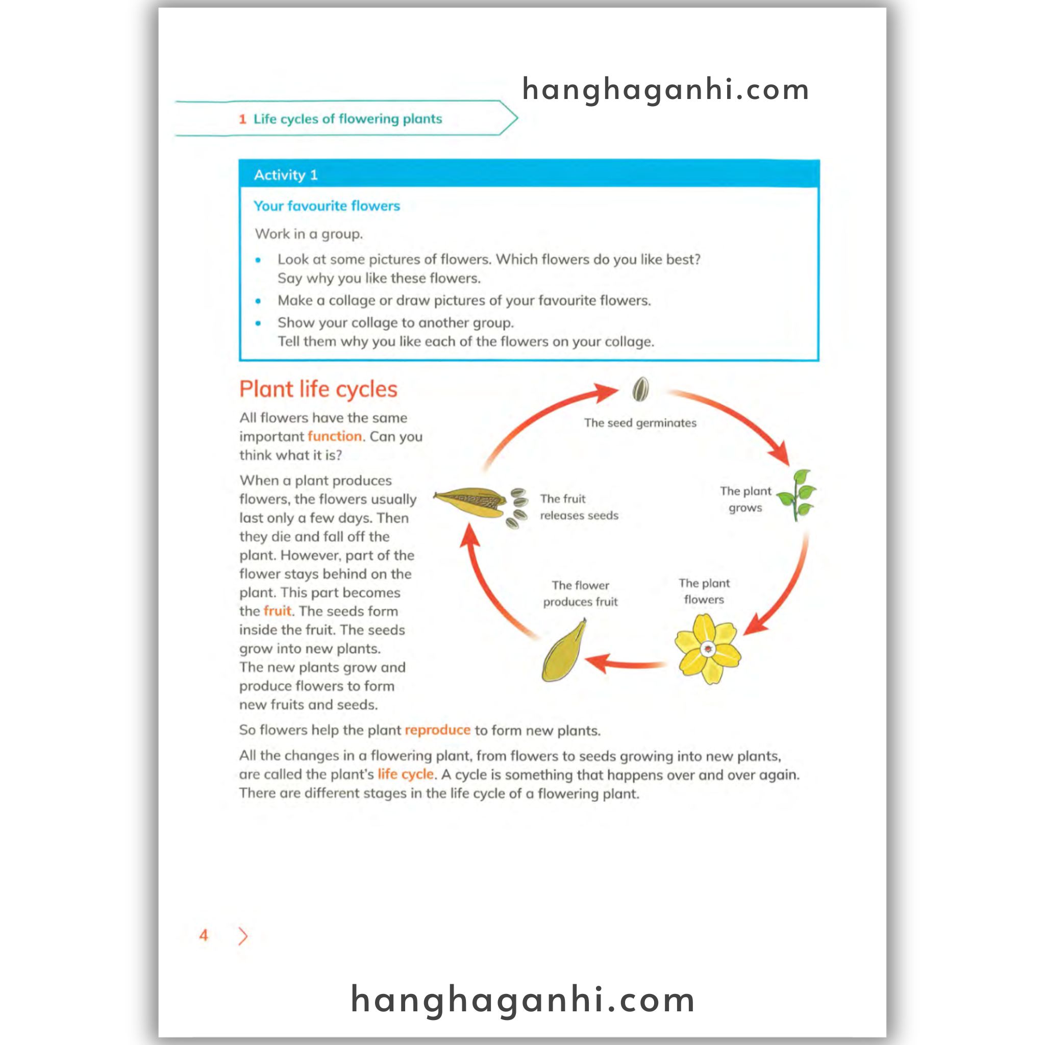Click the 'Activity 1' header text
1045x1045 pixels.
pyautogui.click(x=286, y=175)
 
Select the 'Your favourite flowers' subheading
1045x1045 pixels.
pyautogui.click(x=327, y=206)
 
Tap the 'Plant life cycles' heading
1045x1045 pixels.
pyautogui.click(x=318, y=389)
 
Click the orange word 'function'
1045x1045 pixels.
pyautogui.click(x=334, y=436)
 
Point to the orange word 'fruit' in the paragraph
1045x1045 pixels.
pyautogui.click(x=278, y=611)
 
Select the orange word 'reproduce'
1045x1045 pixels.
pyautogui.click(x=437, y=730)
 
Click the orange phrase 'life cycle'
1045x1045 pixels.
pyautogui.click(x=405, y=774)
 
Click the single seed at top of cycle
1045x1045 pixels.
pyautogui.click(x=640, y=389)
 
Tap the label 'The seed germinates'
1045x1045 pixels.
pyautogui.click(x=640, y=423)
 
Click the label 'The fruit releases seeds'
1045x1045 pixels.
pyautogui.click(x=578, y=507)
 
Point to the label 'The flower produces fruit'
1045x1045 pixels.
pyautogui.click(x=580, y=593)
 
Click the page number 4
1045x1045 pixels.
pyautogui.click(x=204, y=935)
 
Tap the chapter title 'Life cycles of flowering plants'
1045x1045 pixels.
pyautogui.click(x=347, y=119)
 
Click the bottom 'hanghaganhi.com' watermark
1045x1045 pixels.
pyautogui.click(x=522, y=1000)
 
